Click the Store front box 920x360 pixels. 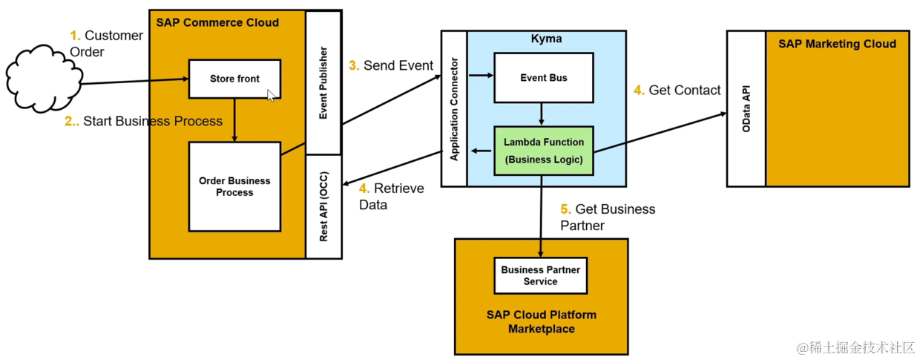point(234,79)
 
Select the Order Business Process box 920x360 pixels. point(234,186)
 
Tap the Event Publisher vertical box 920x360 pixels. point(323,82)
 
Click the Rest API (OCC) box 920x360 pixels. point(323,206)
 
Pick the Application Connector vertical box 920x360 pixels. point(454,108)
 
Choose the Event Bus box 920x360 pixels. point(544,77)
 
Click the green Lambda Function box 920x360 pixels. point(544,151)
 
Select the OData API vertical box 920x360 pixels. point(746,108)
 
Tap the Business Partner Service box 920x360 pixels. point(540,275)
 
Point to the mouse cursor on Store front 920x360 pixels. point(271,95)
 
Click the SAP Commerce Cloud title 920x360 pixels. point(217,22)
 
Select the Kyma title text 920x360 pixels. point(546,39)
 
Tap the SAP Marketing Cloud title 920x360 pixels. point(837,44)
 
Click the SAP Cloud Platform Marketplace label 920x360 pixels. point(542,321)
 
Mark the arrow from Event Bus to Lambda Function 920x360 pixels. point(542,114)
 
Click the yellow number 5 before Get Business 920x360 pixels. point(565,209)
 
